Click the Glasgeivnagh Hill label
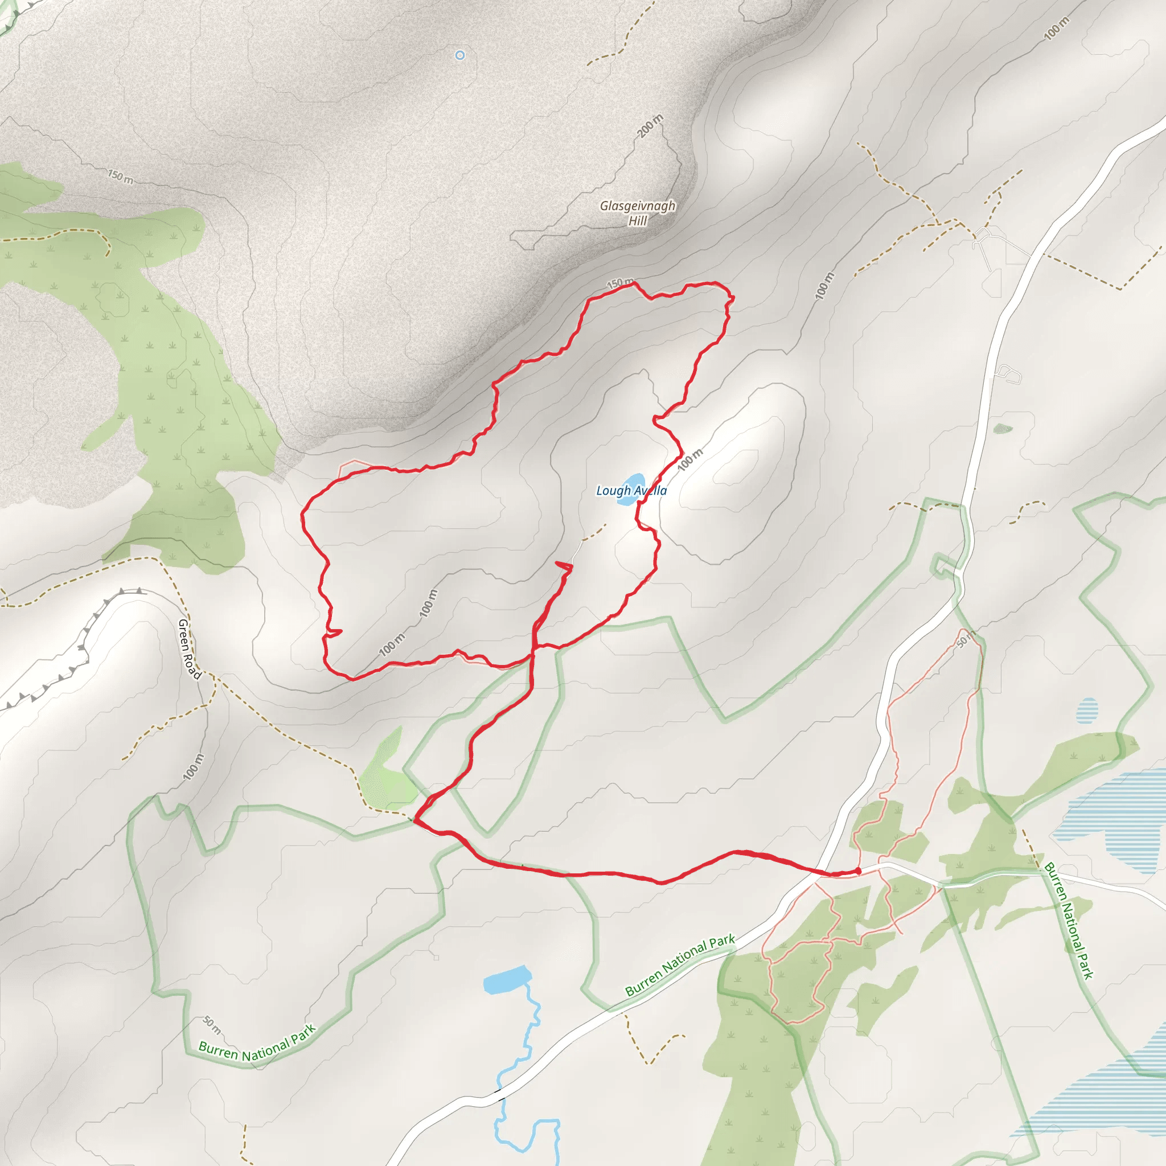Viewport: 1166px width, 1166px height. pos(637,213)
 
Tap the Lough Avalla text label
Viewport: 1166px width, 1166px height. pos(631,491)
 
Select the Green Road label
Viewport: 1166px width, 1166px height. pos(189,649)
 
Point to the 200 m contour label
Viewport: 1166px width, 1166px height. pos(650,125)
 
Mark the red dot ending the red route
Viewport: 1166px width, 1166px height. pos(857,871)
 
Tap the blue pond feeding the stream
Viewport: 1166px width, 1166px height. pos(507,979)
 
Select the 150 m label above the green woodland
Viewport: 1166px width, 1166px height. pos(121,177)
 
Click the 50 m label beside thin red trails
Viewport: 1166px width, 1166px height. pos(965,639)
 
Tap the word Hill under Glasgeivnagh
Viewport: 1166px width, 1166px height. pos(638,221)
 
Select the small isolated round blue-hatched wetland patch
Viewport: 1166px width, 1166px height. pos(1086,711)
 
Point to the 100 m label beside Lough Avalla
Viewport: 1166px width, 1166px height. pos(689,460)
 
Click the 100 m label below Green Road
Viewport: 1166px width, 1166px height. pos(193,767)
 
